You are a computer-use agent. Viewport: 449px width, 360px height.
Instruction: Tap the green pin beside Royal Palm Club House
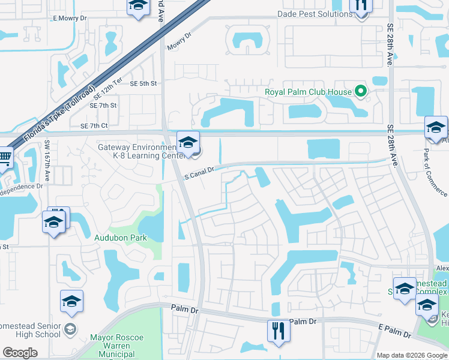pyautogui.click(x=360, y=92)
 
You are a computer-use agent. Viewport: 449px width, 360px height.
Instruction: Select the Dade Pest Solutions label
pyautogui.click(x=315, y=14)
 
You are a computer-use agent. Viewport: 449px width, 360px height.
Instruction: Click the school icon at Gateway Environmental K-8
pyautogui.click(x=188, y=142)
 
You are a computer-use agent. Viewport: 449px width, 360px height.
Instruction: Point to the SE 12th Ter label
pyautogui.click(x=109, y=90)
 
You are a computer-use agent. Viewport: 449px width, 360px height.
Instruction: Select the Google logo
pyautogui.click(x=20, y=353)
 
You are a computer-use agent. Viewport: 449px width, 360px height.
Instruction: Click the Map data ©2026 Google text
pyautogui.click(x=412, y=355)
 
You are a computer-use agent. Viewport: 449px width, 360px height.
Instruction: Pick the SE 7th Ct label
pyautogui.click(x=94, y=125)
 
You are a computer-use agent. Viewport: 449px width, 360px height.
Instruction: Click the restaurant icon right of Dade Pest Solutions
pyautogui.click(x=360, y=5)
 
